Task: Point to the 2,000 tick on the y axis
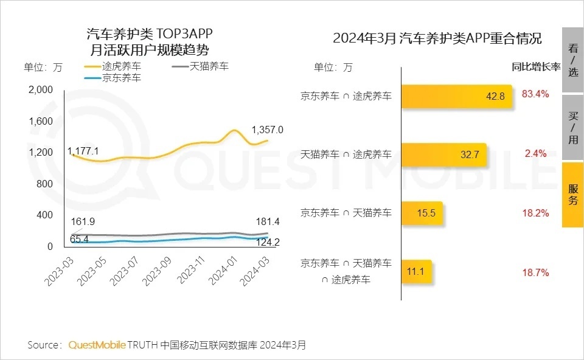point(41,90)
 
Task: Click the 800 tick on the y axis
point(46,184)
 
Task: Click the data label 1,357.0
point(268,130)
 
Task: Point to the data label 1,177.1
point(83,150)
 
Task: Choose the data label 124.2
point(268,243)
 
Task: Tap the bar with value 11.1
point(417,272)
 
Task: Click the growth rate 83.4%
point(535,94)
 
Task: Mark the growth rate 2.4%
point(535,153)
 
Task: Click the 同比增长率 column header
point(535,67)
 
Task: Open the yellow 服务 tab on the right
point(572,195)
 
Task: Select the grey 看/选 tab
point(572,60)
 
